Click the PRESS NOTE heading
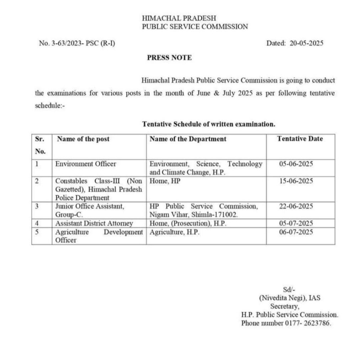[x=169, y=58]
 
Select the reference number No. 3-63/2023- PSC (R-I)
[x=77, y=43]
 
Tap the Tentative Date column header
[x=300, y=139]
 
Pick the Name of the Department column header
[x=188, y=139]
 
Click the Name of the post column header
[x=83, y=139]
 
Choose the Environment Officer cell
[x=86, y=164]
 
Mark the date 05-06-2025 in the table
[x=296, y=164]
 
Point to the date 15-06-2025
[x=296, y=181]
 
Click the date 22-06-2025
[x=296, y=206]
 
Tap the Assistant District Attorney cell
[x=94, y=224]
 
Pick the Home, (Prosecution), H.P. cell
[x=188, y=224]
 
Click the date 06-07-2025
[x=296, y=232]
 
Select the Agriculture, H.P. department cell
[x=175, y=232]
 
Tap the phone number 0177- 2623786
[x=308, y=323]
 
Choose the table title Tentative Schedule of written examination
[x=209, y=124]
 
